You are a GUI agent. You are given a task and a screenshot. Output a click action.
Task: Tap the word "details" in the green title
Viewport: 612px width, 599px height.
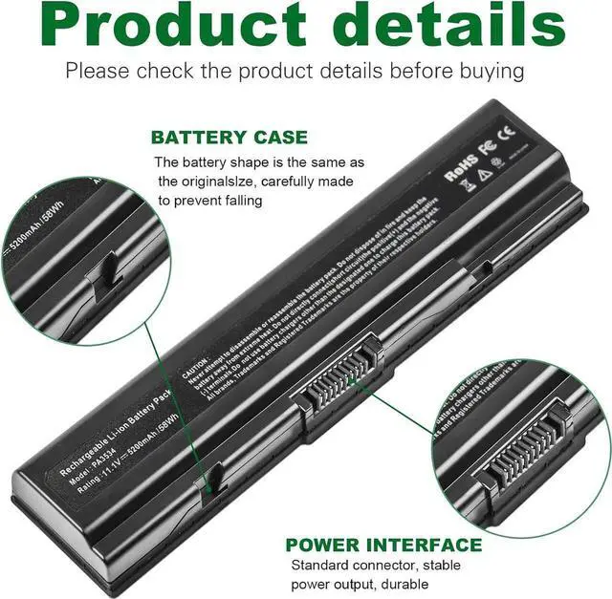click(446, 26)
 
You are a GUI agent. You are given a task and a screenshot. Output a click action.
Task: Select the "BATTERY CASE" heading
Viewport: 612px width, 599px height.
click(229, 138)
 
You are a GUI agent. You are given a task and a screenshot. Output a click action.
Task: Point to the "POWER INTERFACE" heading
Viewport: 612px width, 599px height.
click(384, 546)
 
